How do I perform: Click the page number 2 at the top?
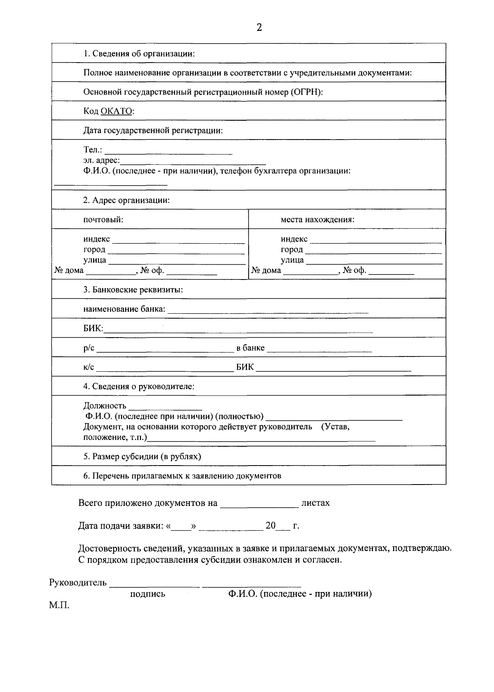[259, 28]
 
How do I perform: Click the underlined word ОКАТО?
[117, 111]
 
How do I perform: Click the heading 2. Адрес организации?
[126, 200]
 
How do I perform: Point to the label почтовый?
[103, 219]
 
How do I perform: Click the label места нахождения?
[317, 219]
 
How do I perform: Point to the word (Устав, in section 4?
[335, 426]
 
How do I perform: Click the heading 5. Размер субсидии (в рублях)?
[142, 456]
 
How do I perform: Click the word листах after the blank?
[316, 503]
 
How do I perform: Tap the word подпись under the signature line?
[147, 594]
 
